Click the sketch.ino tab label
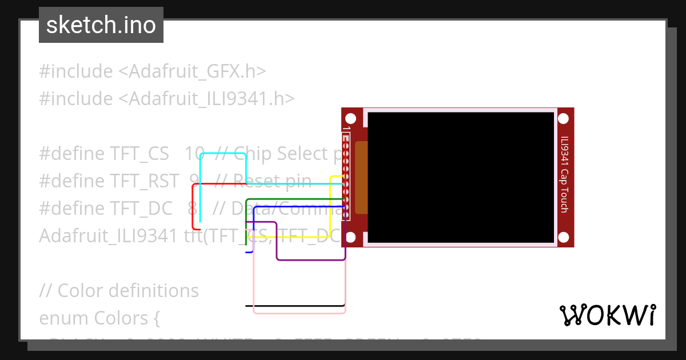[101, 25]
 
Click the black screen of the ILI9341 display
[461, 177]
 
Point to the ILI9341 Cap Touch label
[564, 174]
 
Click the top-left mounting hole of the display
[351, 119]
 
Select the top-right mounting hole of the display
[563, 119]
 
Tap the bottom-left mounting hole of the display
[351, 237]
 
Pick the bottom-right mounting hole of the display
[563, 237]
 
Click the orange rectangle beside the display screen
[361, 177]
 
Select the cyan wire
[223, 154]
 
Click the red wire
[193, 206]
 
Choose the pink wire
[297, 313]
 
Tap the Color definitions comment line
[119, 291]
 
